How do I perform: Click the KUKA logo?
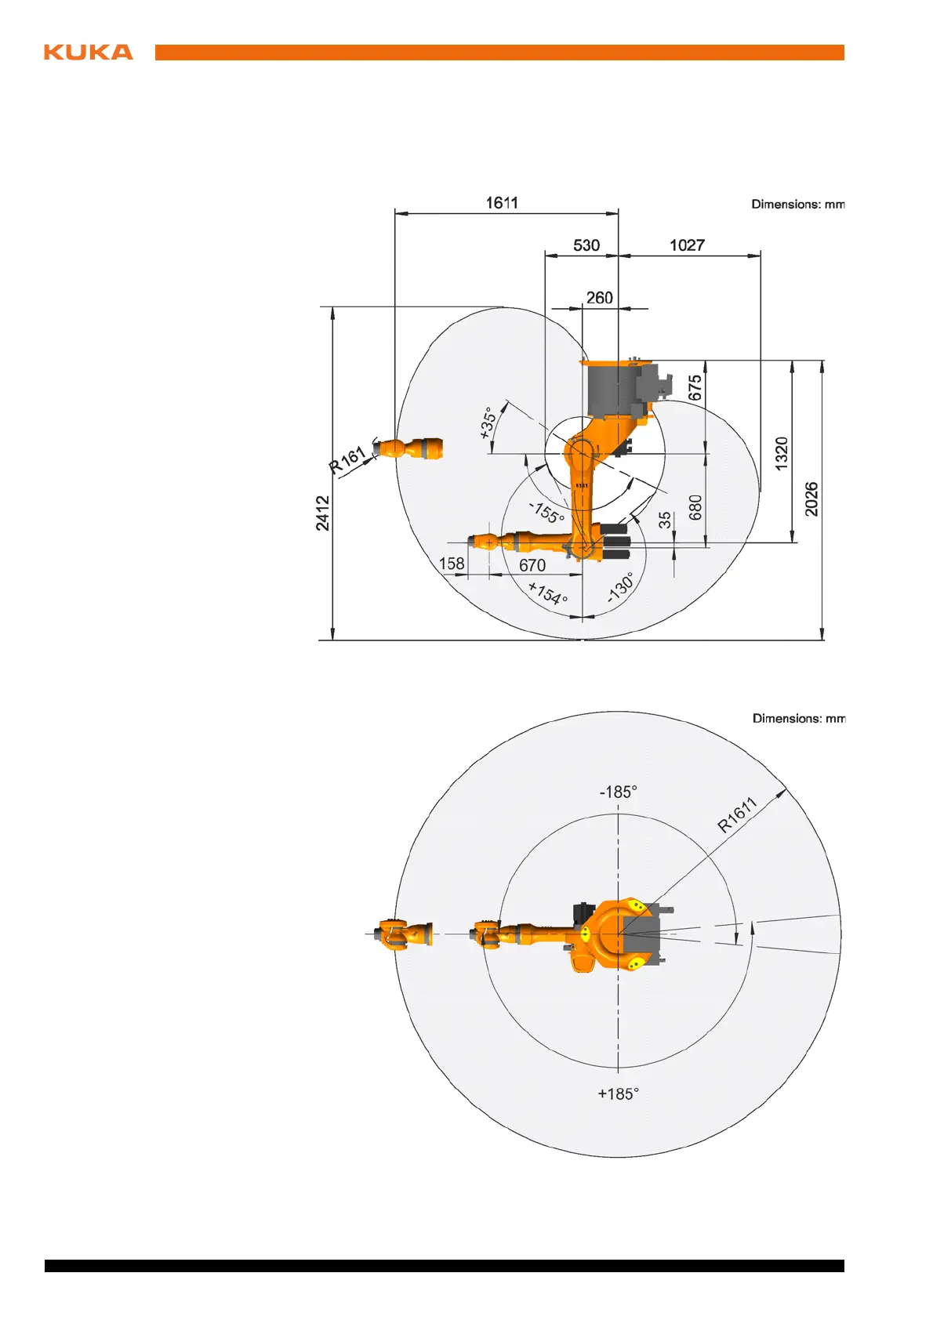(89, 53)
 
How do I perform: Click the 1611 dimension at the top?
(502, 203)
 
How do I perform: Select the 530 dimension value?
(586, 245)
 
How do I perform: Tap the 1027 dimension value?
(687, 245)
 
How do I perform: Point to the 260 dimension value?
(599, 298)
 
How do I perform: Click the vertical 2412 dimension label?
(322, 513)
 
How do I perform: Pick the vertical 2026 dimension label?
(811, 499)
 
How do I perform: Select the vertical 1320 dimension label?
(781, 454)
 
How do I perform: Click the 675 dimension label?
(695, 388)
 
